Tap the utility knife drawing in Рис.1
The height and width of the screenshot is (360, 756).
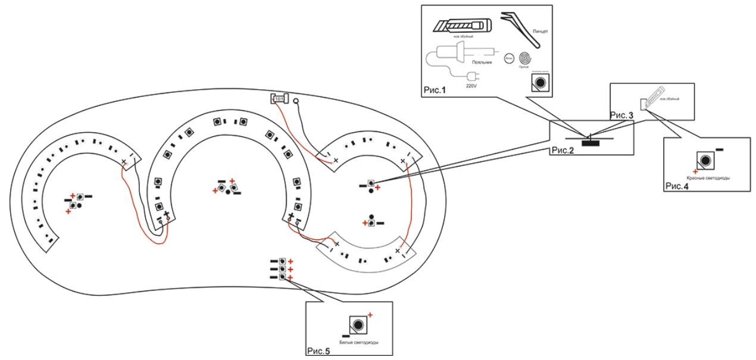(x=461, y=26)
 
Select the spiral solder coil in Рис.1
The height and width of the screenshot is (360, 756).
(x=525, y=59)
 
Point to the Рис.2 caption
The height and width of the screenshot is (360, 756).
(x=561, y=149)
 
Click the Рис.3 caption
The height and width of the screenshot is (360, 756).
(x=622, y=115)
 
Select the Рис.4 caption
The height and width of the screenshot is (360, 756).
(x=677, y=186)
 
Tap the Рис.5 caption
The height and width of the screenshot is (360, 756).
(x=318, y=351)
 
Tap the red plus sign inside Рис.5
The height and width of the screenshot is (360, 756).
(x=370, y=314)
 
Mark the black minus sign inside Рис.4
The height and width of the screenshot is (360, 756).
(x=719, y=149)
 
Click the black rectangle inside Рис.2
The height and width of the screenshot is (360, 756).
(x=591, y=142)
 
